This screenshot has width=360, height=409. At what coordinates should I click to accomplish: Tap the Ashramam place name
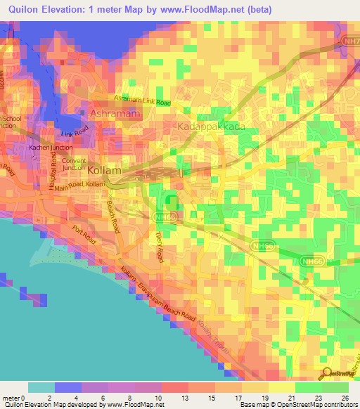coord(112,113)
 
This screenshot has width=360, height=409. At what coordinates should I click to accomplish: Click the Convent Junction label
coord(74,164)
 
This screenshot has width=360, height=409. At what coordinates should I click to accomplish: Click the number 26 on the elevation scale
coord(345,398)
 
